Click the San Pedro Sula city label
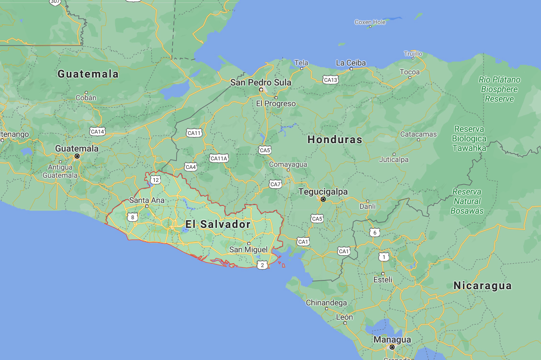[260, 82]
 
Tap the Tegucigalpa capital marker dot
[323, 199]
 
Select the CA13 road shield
[330, 79]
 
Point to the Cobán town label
[86, 98]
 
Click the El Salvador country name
[218, 224]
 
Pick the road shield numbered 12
[156, 180]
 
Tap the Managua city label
[392, 339]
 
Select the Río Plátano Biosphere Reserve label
[499, 89]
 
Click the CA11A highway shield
[219, 158]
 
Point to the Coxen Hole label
[370, 22]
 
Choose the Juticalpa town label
[394, 159]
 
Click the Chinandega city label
[327, 303]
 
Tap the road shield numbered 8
[133, 217]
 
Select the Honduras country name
[335, 140]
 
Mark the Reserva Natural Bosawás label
[467, 201]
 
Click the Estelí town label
[383, 280]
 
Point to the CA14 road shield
[97, 131]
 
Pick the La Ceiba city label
[350, 63]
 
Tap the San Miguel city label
[248, 249]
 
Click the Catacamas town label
[418, 135]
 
